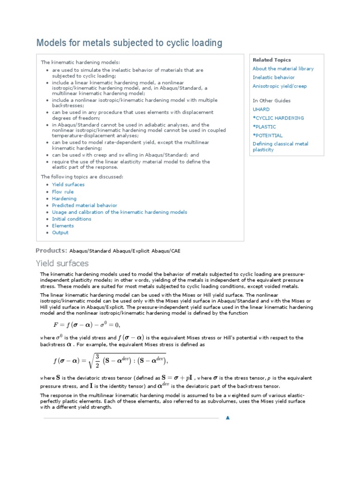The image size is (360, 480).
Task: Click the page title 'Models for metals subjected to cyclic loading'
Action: [129, 43]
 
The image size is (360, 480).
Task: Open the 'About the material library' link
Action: [283, 68]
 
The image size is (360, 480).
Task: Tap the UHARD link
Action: [261, 109]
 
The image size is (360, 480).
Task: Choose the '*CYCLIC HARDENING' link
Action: [278, 118]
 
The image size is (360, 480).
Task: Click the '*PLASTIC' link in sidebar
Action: [264, 127]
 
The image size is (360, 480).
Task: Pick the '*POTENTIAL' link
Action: [268, 135]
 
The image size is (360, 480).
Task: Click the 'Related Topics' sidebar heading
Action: [271, 60]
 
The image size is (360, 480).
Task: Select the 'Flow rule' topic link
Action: [63, 192]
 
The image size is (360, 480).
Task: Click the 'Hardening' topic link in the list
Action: [64, 199]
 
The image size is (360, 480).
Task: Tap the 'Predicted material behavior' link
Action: [84, 205]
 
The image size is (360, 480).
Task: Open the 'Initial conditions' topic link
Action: [72, 219]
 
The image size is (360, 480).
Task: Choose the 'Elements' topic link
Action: [63, 226]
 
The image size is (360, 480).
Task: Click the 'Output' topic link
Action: [60, 232]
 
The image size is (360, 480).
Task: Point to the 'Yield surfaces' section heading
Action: [62, 263]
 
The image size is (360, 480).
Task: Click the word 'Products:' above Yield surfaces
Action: [52, 250]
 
